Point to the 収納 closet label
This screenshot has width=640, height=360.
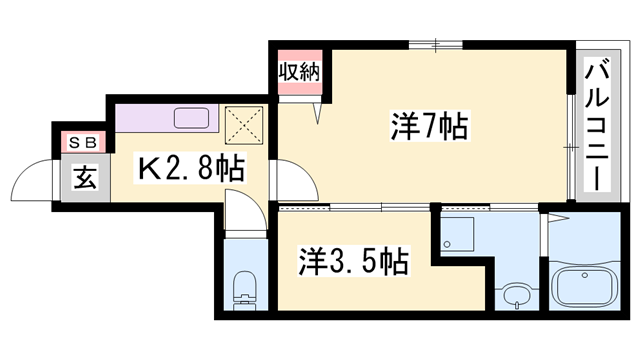(299, 72)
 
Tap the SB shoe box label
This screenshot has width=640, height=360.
(81, 142)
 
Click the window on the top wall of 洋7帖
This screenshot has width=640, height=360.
(437, 44)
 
